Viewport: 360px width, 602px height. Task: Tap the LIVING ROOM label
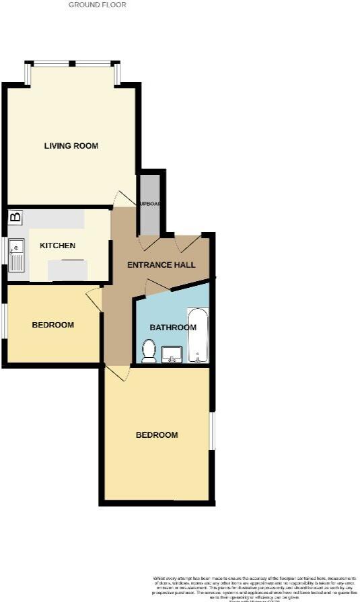[x=71, y=146]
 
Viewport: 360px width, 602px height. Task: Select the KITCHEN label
[x=57, y=246]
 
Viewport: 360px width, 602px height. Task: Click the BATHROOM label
[x=173, y=328]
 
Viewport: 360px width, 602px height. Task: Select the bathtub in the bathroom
[x=198, y=335]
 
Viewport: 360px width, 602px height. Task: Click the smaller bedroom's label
[x=53, y=325]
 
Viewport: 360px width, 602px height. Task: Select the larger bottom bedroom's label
[x=157, y=435]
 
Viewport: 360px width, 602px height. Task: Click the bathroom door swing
[x=157, y=287]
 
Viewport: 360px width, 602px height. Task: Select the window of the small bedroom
[x=3, y=322]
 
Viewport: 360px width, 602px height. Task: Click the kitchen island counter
[x=67, y=270]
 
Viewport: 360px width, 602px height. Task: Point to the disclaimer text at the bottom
[x=254, y=587]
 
